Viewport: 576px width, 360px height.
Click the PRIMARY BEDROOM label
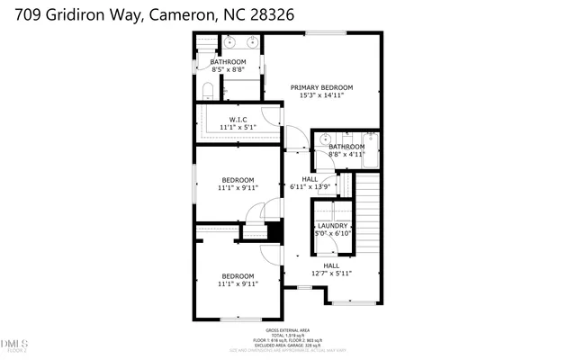point(321,87)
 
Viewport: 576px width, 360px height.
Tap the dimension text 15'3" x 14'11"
point(321,96)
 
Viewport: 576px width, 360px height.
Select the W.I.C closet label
point(238,119)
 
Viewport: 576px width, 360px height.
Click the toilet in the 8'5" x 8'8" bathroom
point(206,90)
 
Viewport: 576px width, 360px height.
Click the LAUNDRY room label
point(332,226)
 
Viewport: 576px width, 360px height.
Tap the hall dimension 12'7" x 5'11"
point(331,274)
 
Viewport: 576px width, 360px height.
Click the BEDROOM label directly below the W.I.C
point(238,179)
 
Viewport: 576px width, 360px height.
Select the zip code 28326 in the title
point(272,15)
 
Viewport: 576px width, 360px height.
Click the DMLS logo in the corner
point(14,344)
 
